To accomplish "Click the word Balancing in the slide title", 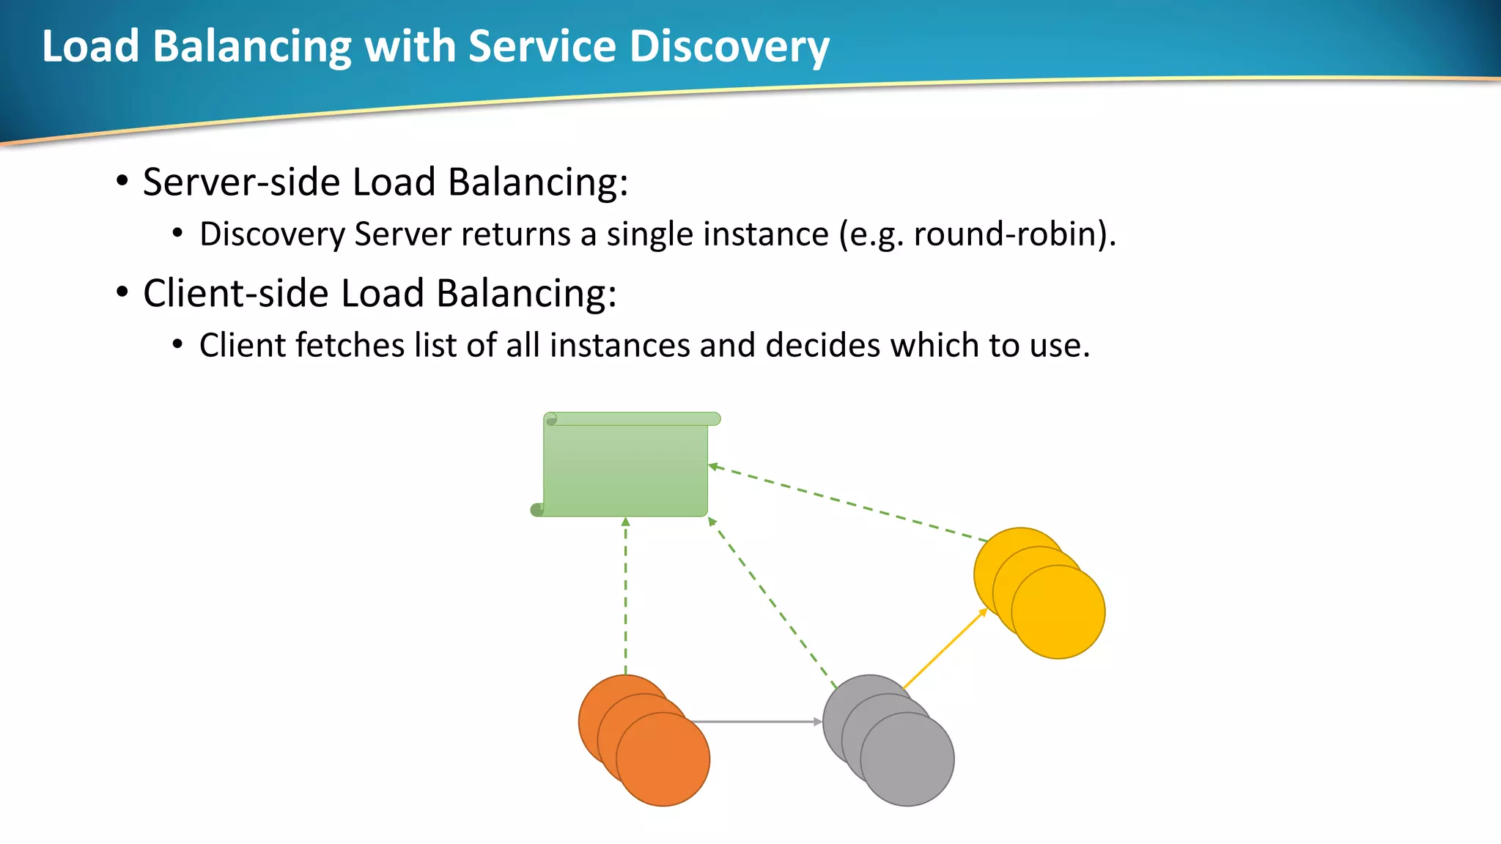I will pos(252,46).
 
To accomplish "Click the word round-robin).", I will pos(1014,234).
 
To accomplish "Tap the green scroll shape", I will pos(625,469).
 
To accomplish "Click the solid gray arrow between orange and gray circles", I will pos(755,722).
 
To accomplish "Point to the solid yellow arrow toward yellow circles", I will pos(945,648).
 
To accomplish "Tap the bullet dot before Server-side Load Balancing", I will pos(122,181).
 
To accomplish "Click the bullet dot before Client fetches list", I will pos(177,344).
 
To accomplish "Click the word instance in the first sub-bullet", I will pos(766,234).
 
